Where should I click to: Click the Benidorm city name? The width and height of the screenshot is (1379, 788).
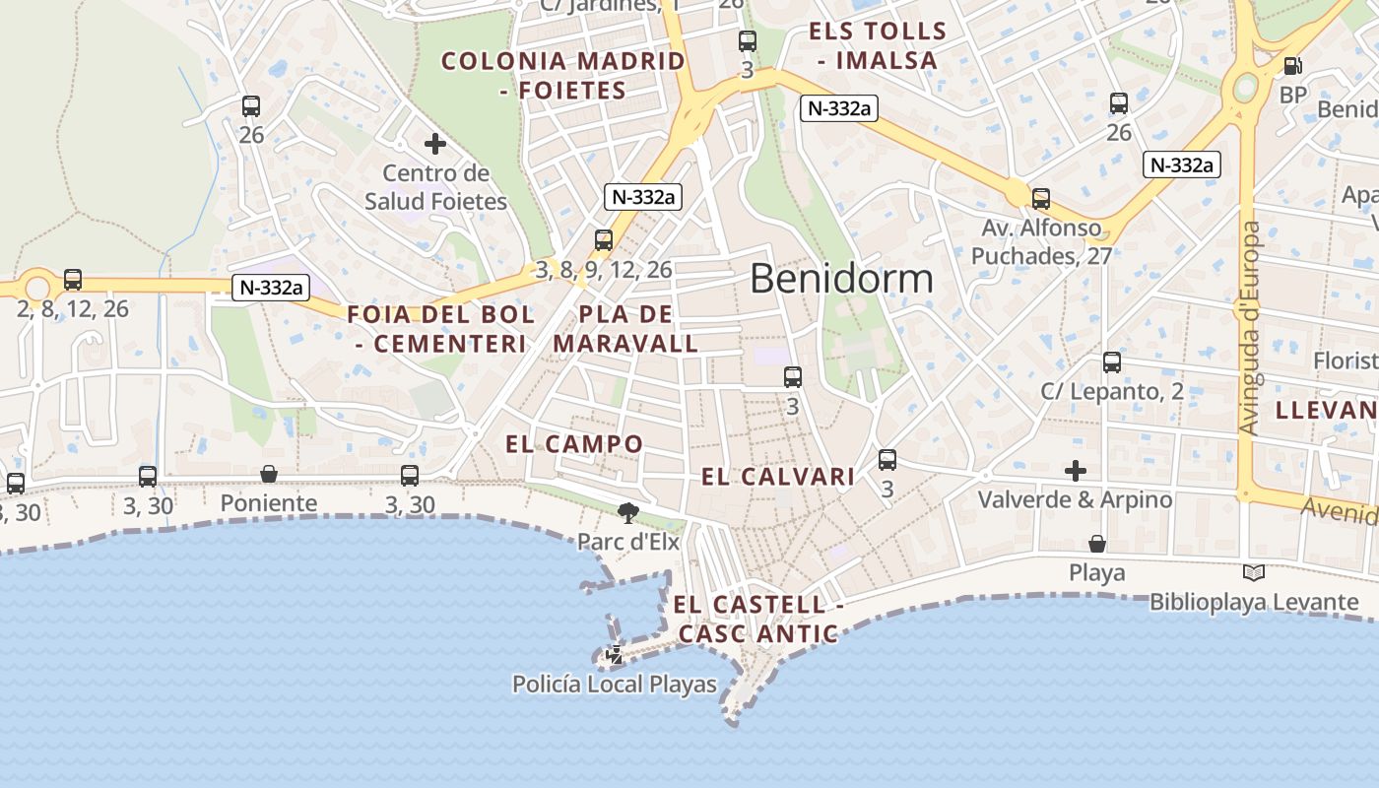tap(841, 279)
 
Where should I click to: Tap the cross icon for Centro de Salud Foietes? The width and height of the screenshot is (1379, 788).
tap(435, 145)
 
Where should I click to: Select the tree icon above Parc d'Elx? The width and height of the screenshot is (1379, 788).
tap(626, 512)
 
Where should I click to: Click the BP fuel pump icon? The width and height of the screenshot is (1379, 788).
tap(1292, 66)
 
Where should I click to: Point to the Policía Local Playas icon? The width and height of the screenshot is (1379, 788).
tap(615, 654)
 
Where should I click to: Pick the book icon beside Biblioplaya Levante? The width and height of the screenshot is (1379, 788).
tap(1254, 572)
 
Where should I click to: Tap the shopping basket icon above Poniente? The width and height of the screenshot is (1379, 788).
tap(268, 475)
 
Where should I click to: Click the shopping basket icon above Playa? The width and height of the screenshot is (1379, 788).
tap(1097, 544)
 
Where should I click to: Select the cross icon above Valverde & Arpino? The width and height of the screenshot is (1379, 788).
tap(1076, 471)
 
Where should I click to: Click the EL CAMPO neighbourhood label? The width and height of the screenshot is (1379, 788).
tap(574, 444)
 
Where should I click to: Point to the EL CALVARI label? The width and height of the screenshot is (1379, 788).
tap(778, 478)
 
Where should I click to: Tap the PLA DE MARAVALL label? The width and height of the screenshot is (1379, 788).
tap(626, 330)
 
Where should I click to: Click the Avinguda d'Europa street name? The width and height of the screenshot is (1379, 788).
tap(1250, 328)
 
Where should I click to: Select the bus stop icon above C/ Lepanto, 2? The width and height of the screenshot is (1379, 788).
tap(1112, 362)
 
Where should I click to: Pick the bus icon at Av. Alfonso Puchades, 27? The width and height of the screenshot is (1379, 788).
tap(1041, 199)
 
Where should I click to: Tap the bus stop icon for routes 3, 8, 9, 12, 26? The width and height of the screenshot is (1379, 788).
tap(604, 240)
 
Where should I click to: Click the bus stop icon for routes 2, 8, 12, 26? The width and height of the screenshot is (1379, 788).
tap(73, 280)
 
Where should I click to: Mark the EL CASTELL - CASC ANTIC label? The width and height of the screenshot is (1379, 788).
tap(759, 620)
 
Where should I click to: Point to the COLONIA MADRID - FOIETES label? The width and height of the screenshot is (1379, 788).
tap(562, 76)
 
